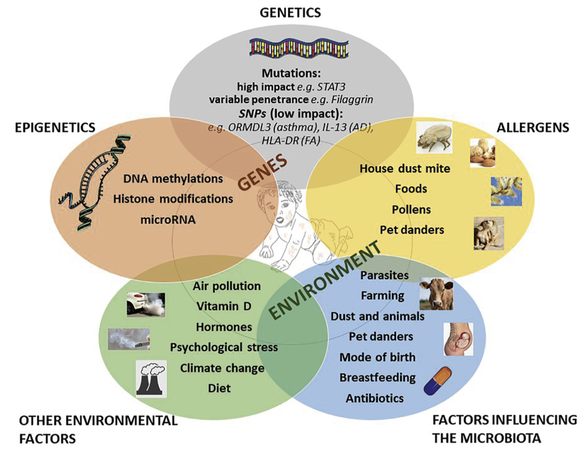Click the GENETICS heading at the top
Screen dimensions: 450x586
(x=290, y=12)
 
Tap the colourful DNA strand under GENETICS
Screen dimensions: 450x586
(x=299, y=49)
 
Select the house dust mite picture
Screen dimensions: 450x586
(x=434, y=137)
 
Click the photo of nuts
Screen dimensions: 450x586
(x=482, y=153)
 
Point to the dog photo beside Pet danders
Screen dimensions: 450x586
(x=489, y=233)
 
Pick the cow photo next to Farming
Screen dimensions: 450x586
(x=436, y=294)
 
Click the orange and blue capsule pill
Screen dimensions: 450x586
(x=437, y=381)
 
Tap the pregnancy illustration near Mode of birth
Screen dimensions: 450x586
(x=457, y=339)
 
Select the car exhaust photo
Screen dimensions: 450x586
(x=146, y=305)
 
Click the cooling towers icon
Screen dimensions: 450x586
(x=151, y=379)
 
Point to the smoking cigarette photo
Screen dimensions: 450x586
(x=128, y=339)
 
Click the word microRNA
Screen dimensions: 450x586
(x=168, y=220)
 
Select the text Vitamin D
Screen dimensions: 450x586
(x=224, y=307)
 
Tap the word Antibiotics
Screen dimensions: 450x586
(x=375, y=398)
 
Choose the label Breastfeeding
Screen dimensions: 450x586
(x=377, y=378)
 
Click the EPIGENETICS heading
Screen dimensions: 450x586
(x=55, y=128)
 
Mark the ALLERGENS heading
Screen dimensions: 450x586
(x=532, y=128)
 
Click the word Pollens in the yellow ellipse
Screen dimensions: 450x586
(x=411, y=210)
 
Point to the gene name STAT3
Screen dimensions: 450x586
(x=331, y=87)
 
